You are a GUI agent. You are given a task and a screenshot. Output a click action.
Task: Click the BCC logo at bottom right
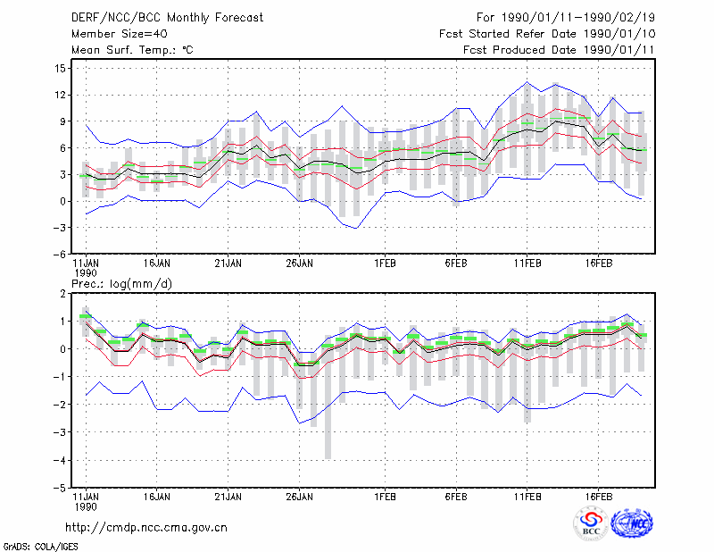591,523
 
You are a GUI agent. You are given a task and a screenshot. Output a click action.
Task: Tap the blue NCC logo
632,523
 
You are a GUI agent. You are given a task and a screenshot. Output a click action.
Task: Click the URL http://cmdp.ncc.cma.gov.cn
146,527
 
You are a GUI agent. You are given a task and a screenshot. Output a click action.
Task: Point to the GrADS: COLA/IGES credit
40,546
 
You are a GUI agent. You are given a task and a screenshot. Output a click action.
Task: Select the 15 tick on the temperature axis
61,69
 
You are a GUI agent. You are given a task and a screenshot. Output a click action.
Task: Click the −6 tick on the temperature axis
59,254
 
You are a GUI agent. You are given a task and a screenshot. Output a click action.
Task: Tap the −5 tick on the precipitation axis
59,488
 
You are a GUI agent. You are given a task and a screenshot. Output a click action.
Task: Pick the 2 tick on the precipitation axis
62,294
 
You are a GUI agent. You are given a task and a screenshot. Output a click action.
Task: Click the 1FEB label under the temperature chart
386,263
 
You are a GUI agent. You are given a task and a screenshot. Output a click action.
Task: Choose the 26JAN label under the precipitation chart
300,497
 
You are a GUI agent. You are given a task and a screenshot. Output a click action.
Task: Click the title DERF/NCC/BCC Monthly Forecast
167,18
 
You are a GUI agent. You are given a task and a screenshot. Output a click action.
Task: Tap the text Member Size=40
120,34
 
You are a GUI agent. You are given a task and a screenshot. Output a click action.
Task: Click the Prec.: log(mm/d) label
121,284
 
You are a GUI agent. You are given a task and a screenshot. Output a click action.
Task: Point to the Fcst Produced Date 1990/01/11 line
559,50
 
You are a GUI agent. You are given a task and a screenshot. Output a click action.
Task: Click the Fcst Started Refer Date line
547,34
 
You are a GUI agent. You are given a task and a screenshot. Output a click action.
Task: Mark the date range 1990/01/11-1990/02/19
578,18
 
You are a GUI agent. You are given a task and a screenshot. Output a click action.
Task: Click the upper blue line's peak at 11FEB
527,82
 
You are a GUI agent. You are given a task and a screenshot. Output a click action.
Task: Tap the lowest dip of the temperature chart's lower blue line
356,228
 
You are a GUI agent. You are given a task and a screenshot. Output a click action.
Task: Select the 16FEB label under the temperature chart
599,263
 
